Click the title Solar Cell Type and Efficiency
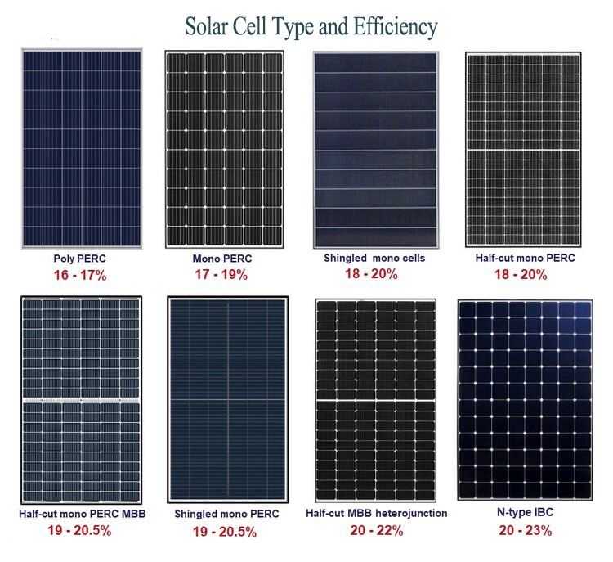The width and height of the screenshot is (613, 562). (311, 27)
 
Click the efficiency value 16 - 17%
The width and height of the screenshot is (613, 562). (79, 275)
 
